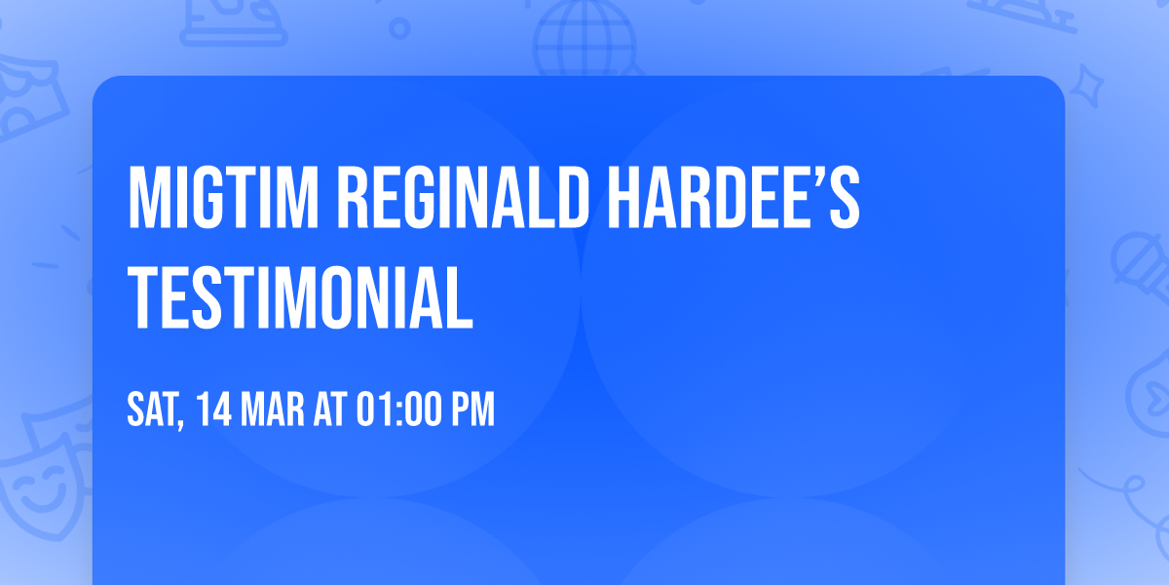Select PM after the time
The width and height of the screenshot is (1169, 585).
pos(471,409)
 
